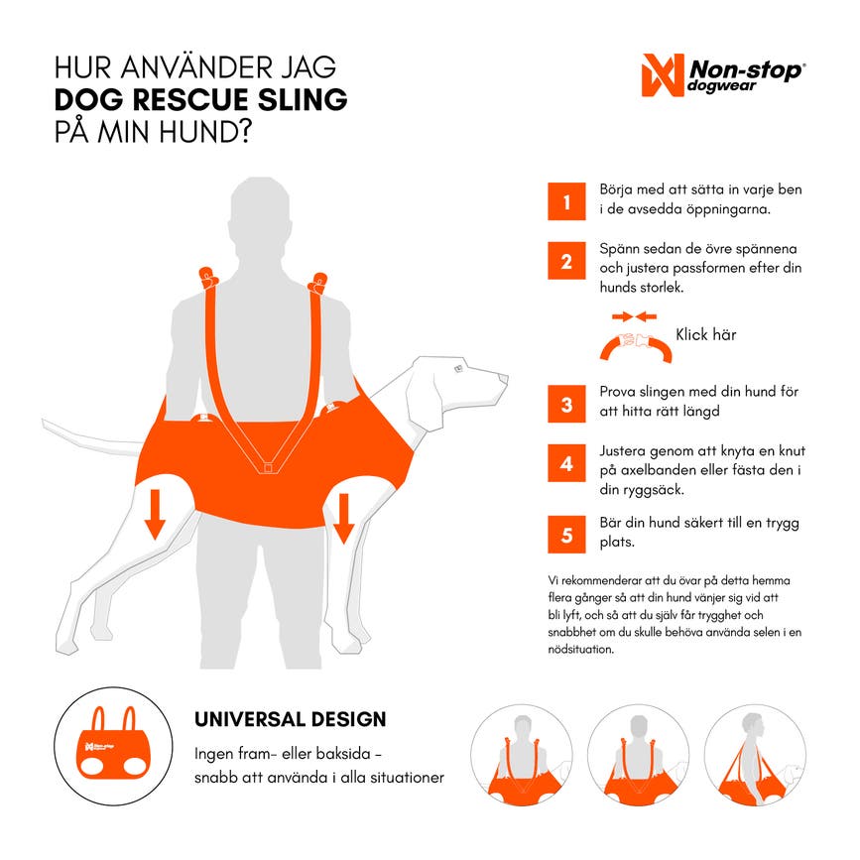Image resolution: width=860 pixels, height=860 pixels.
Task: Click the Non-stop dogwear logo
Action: [723, 75]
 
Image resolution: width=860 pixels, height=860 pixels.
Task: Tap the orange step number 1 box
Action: [566, 201]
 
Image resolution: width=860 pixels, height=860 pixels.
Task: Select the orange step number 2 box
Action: [566, 261]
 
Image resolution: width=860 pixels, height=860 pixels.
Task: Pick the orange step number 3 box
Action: [566, 404]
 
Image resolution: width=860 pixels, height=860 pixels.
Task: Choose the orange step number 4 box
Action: [566, 463]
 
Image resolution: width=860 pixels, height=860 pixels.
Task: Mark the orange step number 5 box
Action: [566, 535]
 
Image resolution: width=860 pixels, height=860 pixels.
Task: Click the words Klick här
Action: [706, 334]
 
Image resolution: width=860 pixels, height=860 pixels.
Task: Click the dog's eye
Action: [458, 369]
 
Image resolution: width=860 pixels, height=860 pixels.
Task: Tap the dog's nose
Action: [504, 378]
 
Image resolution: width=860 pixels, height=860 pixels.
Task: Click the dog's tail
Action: [91, 437]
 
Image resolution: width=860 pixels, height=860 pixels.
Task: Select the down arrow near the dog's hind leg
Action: [155, 514]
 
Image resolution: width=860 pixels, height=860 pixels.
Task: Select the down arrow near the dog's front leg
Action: [343, 519]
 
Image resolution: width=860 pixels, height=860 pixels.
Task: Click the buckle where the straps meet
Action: [268, 468]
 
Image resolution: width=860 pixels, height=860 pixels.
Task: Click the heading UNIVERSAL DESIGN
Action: [291, 719]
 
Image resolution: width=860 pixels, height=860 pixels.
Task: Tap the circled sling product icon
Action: [113, 746]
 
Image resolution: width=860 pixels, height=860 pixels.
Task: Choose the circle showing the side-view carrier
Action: [755, 755]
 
